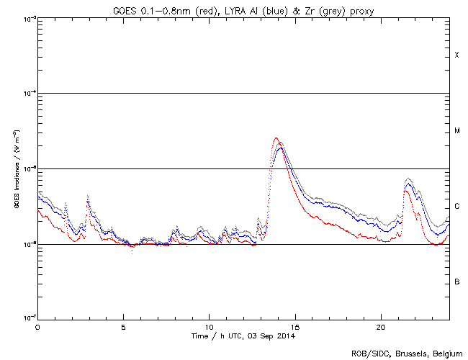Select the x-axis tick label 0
click(x=37, y=326)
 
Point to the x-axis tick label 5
click(x=123, y=326)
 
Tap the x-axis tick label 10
click(x=209, y=326)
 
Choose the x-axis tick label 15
click(x=294, y=326)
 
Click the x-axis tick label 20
click(x=380, y=326)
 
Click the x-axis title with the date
click(x=243, y=336)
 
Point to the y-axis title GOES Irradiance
click(x=15, y=169)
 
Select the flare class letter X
click(x=456, y=55)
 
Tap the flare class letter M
click(x=456, y=131)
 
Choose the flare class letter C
click(x=456, y=207)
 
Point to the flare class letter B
click(x=456, y=282)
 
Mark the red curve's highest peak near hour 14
click(x=276, y=138)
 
